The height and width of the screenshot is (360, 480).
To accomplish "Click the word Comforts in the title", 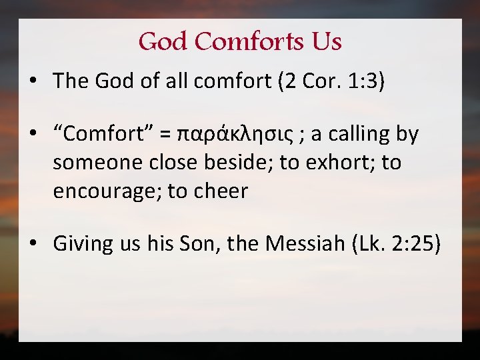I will click(250, 42).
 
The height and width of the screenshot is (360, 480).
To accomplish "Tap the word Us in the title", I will click(326, 42).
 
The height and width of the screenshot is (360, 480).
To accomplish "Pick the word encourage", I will click(107, 192).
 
